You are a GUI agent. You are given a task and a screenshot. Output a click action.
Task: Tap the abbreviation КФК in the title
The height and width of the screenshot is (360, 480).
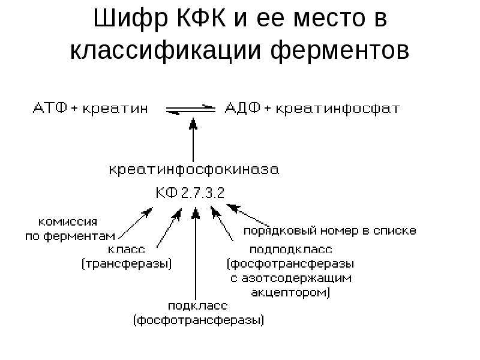pyautogui.click(x=202, y=19)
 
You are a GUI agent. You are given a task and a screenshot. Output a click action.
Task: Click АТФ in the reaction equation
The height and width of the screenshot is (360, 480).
pyautogui.click(x=50, y=108)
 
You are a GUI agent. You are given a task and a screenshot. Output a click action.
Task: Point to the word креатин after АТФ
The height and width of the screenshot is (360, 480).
pyautogui.click(x=115, y=109)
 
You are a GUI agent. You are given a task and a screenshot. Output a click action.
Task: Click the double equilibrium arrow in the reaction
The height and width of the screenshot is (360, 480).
pyautogui.click(x=191, y=110)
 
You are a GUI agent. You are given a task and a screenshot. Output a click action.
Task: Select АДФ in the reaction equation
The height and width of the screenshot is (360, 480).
pyautogui.click(x=243, y=108)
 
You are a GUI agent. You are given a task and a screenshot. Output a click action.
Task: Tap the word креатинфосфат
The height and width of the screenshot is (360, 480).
pyautogui.click(x=338, y=109)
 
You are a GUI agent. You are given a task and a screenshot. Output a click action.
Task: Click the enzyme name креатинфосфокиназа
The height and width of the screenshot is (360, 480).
pyautogui.click(x=194, y=170)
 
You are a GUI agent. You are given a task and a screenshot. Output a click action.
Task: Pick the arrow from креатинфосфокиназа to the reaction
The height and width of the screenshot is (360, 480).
pyautogui.click(x=193, y=140)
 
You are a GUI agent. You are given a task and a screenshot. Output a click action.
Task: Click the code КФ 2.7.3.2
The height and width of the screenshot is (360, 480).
pyautogui.click(x=190, y=193)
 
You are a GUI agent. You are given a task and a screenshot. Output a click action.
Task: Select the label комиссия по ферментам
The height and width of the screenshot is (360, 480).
pyautogui.click(x=70, y=229)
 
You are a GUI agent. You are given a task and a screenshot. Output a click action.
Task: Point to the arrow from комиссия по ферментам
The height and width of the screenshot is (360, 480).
pyautogui.click(x=136, y=223)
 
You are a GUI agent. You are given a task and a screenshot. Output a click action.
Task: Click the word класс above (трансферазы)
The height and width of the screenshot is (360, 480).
pyautogui.click(x=126, y=250)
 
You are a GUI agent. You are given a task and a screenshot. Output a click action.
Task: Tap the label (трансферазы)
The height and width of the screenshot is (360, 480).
pyautogui.click(x=127, y=264)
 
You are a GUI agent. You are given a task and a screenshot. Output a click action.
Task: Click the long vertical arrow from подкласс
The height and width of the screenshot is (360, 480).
pyautogui.click(x=196, y=253)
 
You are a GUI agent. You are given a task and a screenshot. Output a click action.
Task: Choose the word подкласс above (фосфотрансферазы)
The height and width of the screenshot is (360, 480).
pyautogui.click(x=198, y=306)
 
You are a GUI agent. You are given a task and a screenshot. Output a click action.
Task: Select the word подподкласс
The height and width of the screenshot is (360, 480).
pyautogui.click(x=291, y=250)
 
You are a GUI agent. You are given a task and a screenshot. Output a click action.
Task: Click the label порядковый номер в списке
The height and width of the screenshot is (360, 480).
pyautogui.click(x=329, y=231)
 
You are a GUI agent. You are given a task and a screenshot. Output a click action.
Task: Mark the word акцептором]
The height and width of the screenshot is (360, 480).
pyautogui.click(x=290, y=293)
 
